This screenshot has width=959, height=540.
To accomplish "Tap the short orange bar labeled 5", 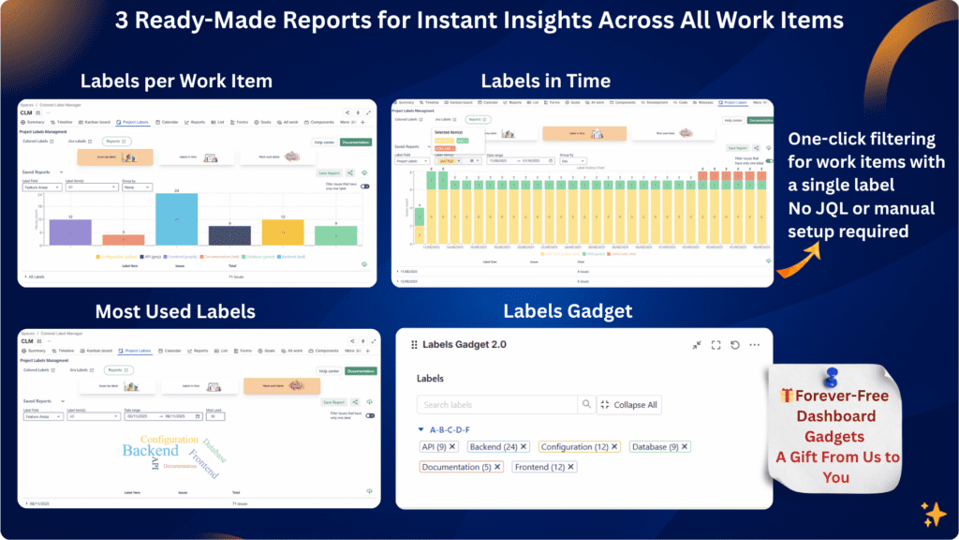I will (x=123, y=241).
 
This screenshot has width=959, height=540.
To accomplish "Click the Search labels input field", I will (x=496, y=405).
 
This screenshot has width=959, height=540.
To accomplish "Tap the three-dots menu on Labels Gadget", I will (x=755, y=345).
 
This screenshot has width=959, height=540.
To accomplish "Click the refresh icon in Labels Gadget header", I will (x=735, y=345).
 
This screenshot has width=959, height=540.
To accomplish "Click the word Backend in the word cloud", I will (x=150, y=451).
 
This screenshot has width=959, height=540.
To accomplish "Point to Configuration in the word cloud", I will (x=170, y=439).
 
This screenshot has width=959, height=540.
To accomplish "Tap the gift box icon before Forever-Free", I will (x=787, y=397).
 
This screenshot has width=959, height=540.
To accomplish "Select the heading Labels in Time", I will (x=545, y=81).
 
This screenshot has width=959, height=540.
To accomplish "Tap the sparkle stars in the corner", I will (x=933, y=514).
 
